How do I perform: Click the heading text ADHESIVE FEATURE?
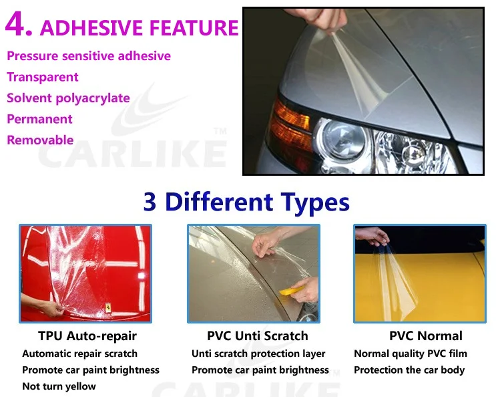point(139,27)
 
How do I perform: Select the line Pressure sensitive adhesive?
point(89,56)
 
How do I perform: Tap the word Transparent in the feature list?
point(43,77)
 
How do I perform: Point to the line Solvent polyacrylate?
point(68,98)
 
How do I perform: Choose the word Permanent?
point(39,119)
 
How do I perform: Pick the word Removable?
point(40,140)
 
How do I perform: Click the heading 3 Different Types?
point(246,202)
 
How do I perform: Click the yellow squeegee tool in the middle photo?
point(291,291)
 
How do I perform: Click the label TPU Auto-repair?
point(87,336)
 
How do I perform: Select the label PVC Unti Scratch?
point(258,336)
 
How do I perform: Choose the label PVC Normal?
point(426,336)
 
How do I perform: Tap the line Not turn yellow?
point(59,386)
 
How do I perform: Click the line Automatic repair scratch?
point(79,354)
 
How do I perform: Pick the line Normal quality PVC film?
point(411,354)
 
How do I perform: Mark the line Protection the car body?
point(409,370)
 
